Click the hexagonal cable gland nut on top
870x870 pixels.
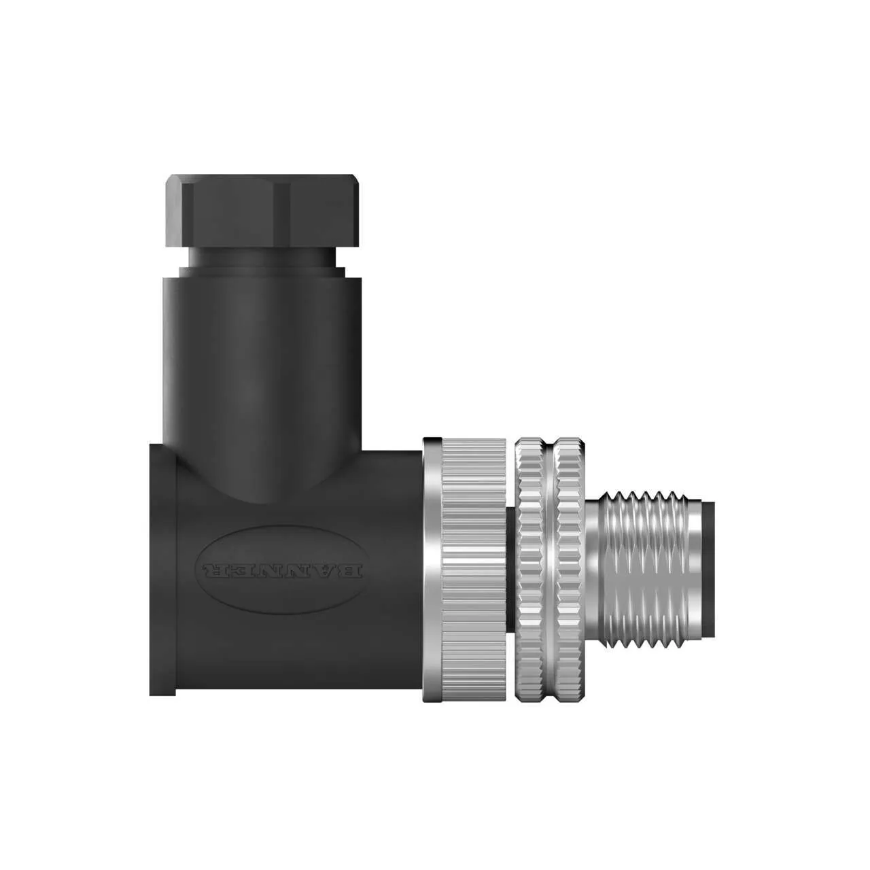(262, 211)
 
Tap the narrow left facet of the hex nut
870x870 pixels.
(175, 211)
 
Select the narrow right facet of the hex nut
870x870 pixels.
(349, 211)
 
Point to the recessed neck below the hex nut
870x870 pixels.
(262, 258)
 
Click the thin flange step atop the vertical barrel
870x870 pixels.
(262, 273)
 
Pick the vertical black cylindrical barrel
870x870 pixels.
(262, 361)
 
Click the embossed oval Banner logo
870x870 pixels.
(282, 570)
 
